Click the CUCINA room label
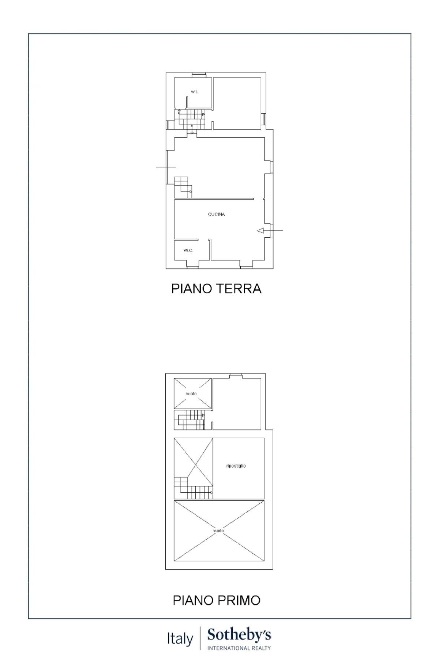[x=216, y=215]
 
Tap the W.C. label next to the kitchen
[x=188, y=251]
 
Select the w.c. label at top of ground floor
[x=195, y=92]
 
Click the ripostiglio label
[x=236, y=466]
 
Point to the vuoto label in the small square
[x=191, y=394]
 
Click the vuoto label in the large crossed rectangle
[x=218, y=530]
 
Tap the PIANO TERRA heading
[x=216, y=289]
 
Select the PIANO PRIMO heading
[x=216, y=600]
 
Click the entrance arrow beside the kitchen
[x=261, y=231]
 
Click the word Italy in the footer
[x=180, y=639]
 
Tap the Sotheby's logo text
[x=239, y=635]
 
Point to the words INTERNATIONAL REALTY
[x=239, y=648]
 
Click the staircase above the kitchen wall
[x=183, y=187]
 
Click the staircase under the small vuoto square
[x=190, y=420]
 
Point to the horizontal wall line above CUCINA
[x=214, y=199]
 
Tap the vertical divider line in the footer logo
[x=200, y=638]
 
